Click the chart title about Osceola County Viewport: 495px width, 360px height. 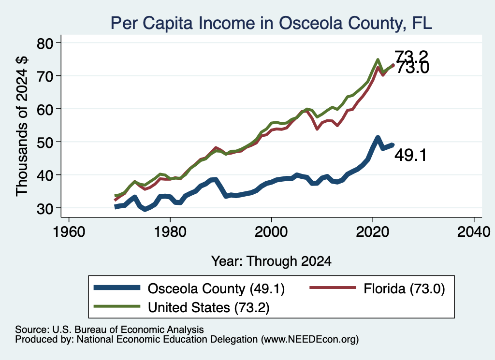271,23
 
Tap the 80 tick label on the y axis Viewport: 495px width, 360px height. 45,43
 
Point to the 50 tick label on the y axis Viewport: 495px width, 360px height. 45,143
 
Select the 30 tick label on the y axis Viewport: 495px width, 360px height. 45,209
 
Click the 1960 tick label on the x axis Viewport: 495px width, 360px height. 69,232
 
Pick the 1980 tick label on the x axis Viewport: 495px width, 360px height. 170,232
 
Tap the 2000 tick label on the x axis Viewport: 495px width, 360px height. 271,232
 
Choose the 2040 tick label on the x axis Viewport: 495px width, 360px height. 474,232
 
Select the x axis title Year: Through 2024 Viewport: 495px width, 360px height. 271,261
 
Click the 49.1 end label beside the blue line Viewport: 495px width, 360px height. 411,155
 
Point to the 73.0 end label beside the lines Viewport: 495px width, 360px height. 413,68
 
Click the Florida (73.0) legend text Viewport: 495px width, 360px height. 404,288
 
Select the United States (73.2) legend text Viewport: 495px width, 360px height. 209,307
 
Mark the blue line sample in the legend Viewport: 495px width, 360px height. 117,288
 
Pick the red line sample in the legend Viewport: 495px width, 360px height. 333,288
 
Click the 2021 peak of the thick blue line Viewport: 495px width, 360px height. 378,138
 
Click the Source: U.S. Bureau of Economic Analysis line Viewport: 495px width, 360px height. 110,330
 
